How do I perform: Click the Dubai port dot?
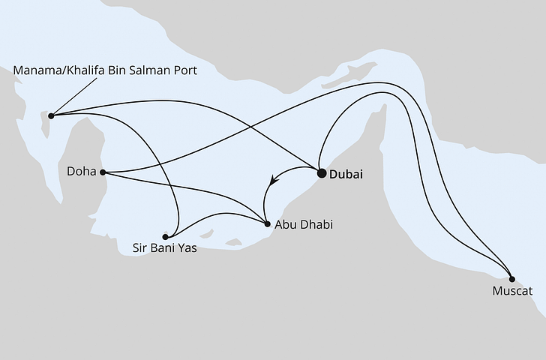click(x=322, y=173)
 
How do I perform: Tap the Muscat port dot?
click(x=512, y=275)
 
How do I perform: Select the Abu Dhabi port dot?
click(x=268, y=223)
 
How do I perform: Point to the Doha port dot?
click(x=103, y=172)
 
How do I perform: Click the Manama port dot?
click(x=51, y=115)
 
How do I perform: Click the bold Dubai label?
click(x=346, y=174)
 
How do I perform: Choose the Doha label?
click(x=82, y=172)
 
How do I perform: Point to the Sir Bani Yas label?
click(x=165, y=248)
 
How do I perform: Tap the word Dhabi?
click(x=316, y=223)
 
